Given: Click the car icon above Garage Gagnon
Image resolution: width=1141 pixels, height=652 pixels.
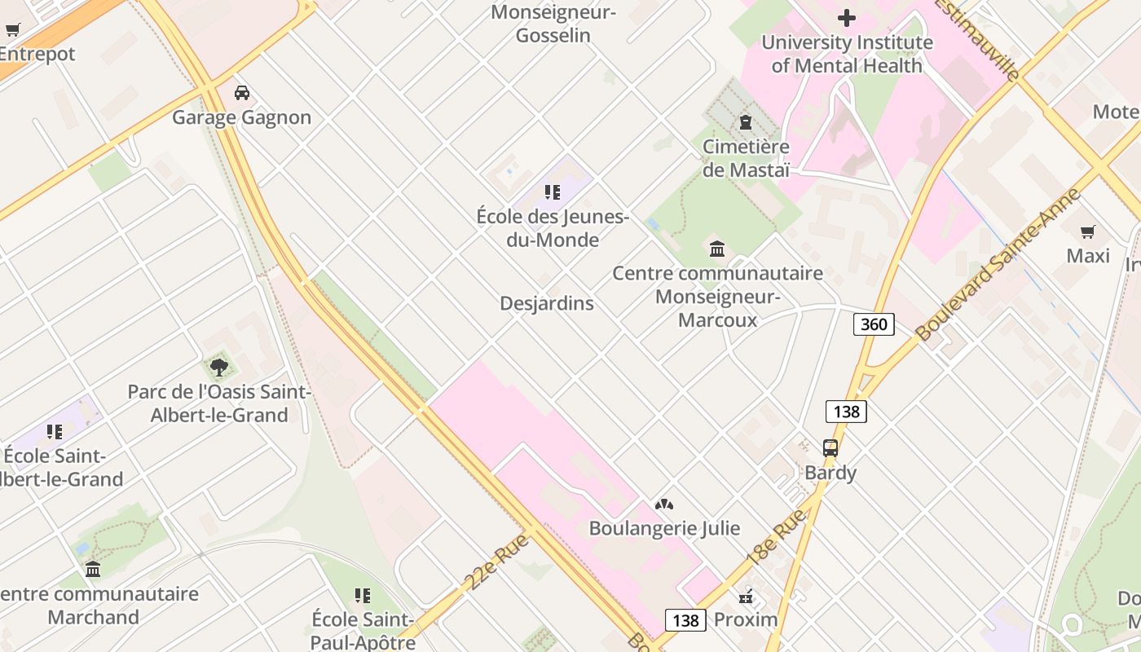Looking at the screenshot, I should point(241,92).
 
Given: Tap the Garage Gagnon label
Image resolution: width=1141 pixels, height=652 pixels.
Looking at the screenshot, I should point(241,117).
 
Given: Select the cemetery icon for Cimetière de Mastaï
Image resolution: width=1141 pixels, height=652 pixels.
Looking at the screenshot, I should point(745,122).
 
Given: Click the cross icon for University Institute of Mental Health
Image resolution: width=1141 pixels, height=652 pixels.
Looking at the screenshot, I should point(847,17).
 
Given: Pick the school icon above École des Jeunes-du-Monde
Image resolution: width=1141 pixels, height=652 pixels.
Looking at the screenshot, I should point(553,192).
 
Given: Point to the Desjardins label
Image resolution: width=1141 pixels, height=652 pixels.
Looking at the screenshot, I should point(546,303).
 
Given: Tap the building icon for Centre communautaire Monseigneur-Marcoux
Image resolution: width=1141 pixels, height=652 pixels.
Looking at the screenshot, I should point(717,249).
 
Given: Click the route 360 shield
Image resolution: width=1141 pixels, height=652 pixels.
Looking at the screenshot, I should point(874,324).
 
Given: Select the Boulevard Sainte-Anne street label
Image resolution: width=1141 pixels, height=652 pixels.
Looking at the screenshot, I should point(998,264).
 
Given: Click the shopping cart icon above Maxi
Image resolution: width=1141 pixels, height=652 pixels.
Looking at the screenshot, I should point(1088,231).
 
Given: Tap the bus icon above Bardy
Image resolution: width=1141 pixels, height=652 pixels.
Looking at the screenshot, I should point(830,447).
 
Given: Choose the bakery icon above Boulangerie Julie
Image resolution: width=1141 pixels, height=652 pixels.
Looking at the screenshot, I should point(664,504).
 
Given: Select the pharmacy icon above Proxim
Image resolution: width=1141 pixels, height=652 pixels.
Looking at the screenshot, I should point(746,596).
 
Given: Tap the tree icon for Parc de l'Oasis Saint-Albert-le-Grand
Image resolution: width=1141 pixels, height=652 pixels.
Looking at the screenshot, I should point(219,367).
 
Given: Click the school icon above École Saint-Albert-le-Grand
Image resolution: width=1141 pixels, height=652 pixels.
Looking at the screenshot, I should point(55,431).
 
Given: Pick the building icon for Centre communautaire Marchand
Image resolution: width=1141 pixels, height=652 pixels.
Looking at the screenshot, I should point(93,569).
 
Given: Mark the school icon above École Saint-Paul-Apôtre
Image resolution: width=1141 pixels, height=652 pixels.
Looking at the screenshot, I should point(363,596).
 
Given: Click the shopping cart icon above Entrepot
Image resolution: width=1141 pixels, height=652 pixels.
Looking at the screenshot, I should point(13,30).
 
